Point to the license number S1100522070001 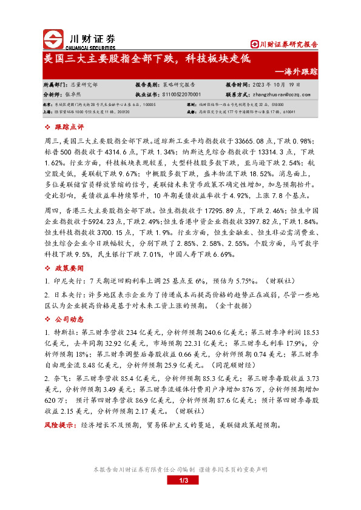coord(186,94)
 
